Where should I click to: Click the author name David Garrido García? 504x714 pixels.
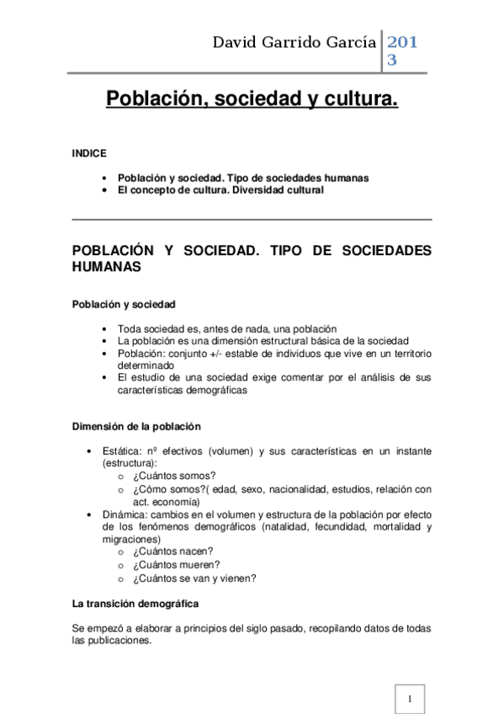click(294, 42)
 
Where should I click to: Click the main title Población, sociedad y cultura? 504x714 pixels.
click(252, 99)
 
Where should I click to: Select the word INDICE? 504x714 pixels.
click(89, 154)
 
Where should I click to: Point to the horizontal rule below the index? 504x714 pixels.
click(252, 220)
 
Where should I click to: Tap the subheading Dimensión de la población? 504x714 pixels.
click(136, 426)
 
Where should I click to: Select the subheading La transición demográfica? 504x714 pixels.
click(135, 604)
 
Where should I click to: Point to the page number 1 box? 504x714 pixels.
click(409, 699)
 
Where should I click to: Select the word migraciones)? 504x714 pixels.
click(131, 539)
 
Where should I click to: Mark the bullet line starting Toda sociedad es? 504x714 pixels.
click(226, 328)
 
